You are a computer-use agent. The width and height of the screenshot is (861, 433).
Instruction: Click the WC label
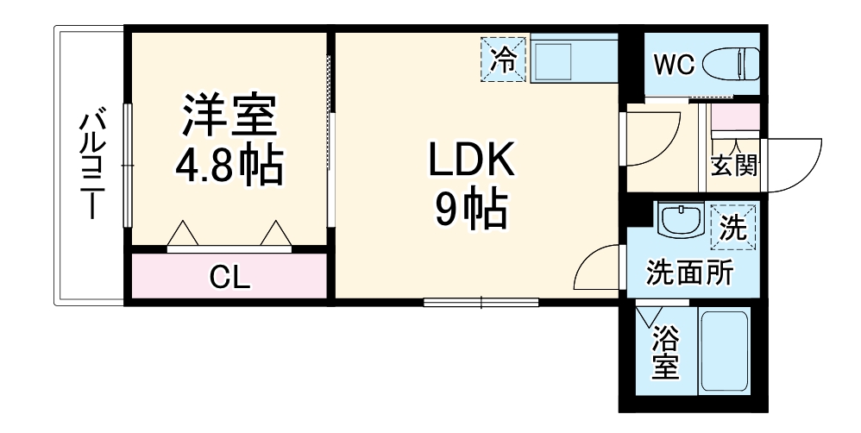673,66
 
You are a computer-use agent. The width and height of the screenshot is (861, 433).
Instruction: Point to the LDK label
471,161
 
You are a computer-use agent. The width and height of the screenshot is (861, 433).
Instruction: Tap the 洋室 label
229,116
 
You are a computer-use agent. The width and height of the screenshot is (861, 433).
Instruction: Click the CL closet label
229,277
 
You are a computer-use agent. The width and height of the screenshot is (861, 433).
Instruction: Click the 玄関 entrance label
734,166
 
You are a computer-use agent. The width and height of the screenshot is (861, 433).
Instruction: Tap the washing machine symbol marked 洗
733,226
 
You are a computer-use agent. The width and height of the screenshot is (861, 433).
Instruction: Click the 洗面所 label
690,273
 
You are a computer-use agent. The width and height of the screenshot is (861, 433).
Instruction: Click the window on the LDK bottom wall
481,302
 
